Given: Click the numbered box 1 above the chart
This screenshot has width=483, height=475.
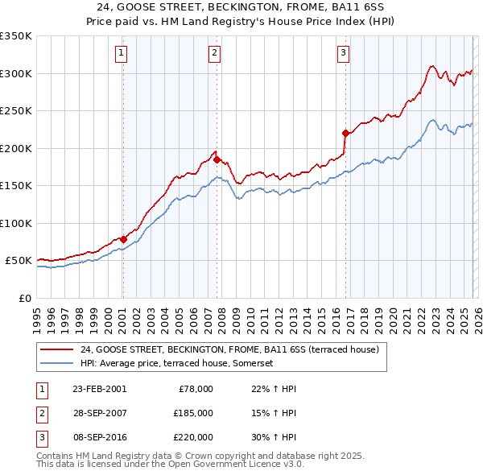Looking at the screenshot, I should click(x=122, y=54).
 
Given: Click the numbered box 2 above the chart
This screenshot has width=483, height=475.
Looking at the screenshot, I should click(x=215, y=54).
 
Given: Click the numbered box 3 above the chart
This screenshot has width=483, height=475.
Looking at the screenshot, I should click(x=343, y=54).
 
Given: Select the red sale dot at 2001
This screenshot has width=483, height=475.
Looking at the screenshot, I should click(x=123, y=239).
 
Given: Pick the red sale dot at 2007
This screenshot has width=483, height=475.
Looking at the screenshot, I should click(x=217, y=159).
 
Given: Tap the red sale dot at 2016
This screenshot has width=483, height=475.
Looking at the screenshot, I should click(x=345, y=133).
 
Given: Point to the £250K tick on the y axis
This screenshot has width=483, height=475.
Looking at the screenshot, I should click(x=16, y=110).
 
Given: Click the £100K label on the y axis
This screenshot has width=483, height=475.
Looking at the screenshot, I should click(x=16, y=223).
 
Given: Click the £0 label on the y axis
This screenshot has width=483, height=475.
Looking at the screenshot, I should click(x=24, y=298).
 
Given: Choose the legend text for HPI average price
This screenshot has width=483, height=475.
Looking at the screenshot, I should click(x=188, y=363).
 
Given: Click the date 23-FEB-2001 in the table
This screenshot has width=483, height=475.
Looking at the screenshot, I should click(x=99, y=389).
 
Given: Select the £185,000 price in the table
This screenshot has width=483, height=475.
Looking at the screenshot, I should click(x=192, y=413).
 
